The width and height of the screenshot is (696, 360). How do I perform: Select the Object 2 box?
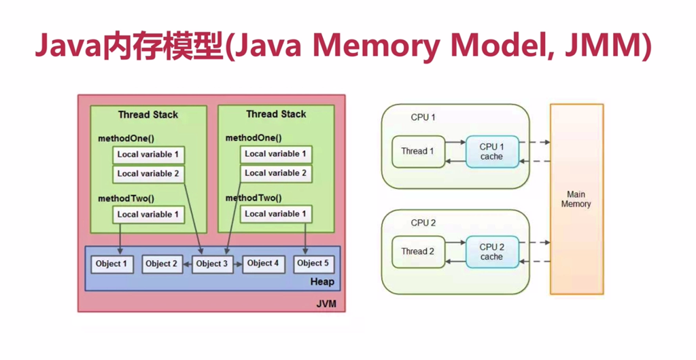(162, 264)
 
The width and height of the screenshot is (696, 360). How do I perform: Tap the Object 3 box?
(212, 264)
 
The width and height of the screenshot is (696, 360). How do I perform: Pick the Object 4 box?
(263, 264)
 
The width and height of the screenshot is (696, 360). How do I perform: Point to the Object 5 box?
(313, 264)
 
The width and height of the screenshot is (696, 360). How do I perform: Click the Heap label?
(322, 282)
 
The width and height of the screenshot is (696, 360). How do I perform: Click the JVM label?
(326, 304)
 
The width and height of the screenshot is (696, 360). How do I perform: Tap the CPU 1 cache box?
(491, 151)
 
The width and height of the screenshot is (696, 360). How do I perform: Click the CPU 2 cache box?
(491, 252)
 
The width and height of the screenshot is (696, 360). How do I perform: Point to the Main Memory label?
(576, 199)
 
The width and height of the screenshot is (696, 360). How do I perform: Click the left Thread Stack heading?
(148, 115)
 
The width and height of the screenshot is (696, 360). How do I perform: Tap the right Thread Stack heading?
(276, 114)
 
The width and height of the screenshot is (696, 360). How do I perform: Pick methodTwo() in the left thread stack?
(126, 198)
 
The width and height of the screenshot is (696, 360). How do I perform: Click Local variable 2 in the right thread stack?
(275, 173)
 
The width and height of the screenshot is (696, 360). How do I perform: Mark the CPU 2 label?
(423, 223)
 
